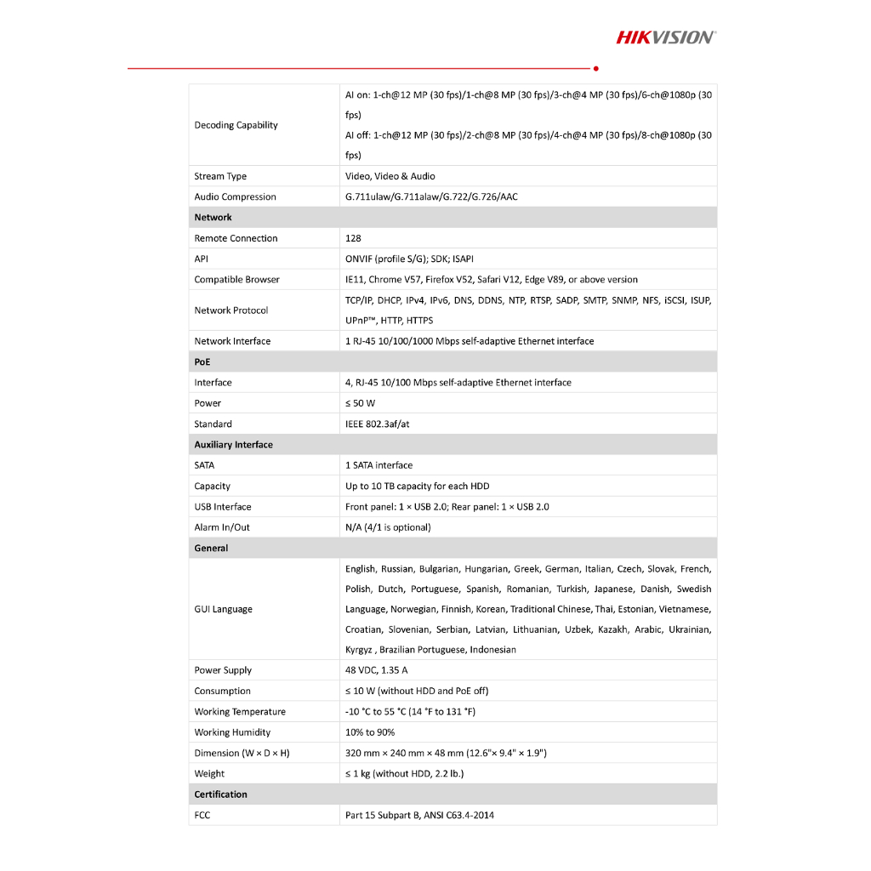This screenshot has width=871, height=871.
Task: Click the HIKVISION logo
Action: pos(665,37)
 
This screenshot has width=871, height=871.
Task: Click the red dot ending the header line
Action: pos(595,68)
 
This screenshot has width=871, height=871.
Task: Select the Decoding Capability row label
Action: pos(236,125)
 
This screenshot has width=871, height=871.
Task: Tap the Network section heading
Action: pos(213,218)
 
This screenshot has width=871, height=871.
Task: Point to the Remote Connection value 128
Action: pos(353,238)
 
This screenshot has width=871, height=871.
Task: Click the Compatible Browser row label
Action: pos(236,280)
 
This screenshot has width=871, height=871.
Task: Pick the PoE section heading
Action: pos(202,362)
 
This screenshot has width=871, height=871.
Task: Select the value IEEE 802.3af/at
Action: pos(377,424)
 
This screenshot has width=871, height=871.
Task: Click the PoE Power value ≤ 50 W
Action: pos(360,403)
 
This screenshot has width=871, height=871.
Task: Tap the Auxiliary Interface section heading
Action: pos(233,445)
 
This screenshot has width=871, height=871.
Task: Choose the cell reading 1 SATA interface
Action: pos(379,465)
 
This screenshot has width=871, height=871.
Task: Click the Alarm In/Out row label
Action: pos(222,527)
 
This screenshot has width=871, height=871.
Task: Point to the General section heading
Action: pos(211,549)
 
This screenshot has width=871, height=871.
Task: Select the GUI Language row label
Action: pos(223,609)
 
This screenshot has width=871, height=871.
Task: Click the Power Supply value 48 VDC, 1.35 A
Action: pos(376,670)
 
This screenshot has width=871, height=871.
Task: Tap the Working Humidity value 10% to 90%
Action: pos(369,732)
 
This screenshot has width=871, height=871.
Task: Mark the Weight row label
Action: pos(209,774)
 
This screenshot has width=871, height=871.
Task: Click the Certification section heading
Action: pos(220,794)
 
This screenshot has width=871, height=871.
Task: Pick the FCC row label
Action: pos(202,815)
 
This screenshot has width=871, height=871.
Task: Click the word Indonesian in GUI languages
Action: pos(492,650)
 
